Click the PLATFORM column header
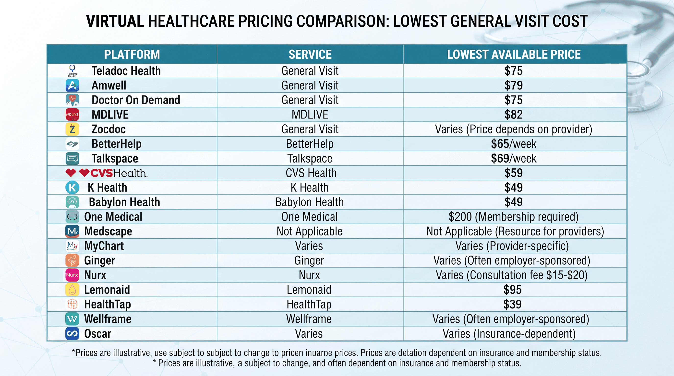click(x=132, y=54)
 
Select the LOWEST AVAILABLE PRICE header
click(x=514, y=54)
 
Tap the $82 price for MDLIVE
click(x=514, y=115)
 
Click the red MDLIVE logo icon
click(x=72, y=115)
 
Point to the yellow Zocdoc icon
click(x=72, y=129)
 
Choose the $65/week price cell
click(x=514, y=144)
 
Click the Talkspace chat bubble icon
click(x=72, y=158)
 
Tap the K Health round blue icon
click(x=72, y=188)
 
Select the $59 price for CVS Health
click(x=514, y=173)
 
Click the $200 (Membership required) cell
click(x=514, y=217)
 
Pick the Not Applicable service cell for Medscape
click(x=310, y=231)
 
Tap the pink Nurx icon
click(x=72, y=275)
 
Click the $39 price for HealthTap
click(x=513, y=304)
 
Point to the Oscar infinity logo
click(x=72, y=334)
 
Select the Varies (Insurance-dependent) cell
click(x=509, y=334)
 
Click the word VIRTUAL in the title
click(x=115, y=21)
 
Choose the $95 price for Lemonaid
click(x=513, y=290)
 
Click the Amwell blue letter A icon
click(x=72, y=85)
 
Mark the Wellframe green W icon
click(x=72, y=319)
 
